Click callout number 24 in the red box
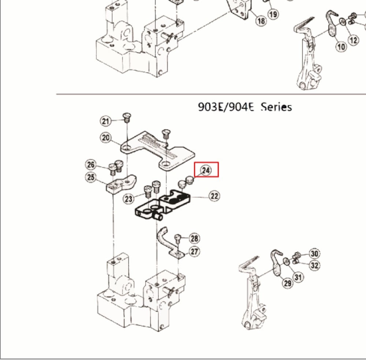(x=206, y=170)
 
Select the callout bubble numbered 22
(x=214, y=196)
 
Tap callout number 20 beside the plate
(x=106, y=138)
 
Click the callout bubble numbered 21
(x=106, y=121)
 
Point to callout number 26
(x=91, y=164)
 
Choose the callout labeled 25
(x=91, y=178)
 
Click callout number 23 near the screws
(x=128, y=199)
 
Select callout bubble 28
(x=194, y=239)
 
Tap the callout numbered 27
(x=194, y=251)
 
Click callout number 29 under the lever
(x=287, y=283)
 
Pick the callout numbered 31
(x=299, y=277)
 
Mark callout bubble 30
(x=314, y=253)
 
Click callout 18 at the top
(x=261, y=21)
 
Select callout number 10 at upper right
(x=341, y=47)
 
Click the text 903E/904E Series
(x=245, y=107)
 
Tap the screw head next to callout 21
(x=126, y=117)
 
